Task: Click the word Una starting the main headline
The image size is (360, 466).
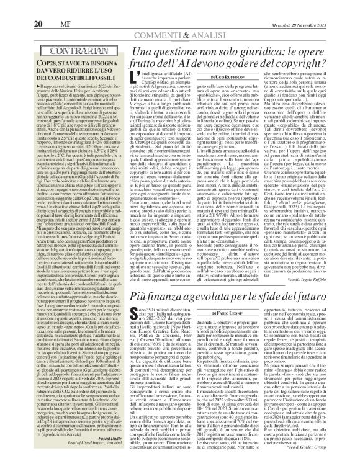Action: [x=135, y=53]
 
